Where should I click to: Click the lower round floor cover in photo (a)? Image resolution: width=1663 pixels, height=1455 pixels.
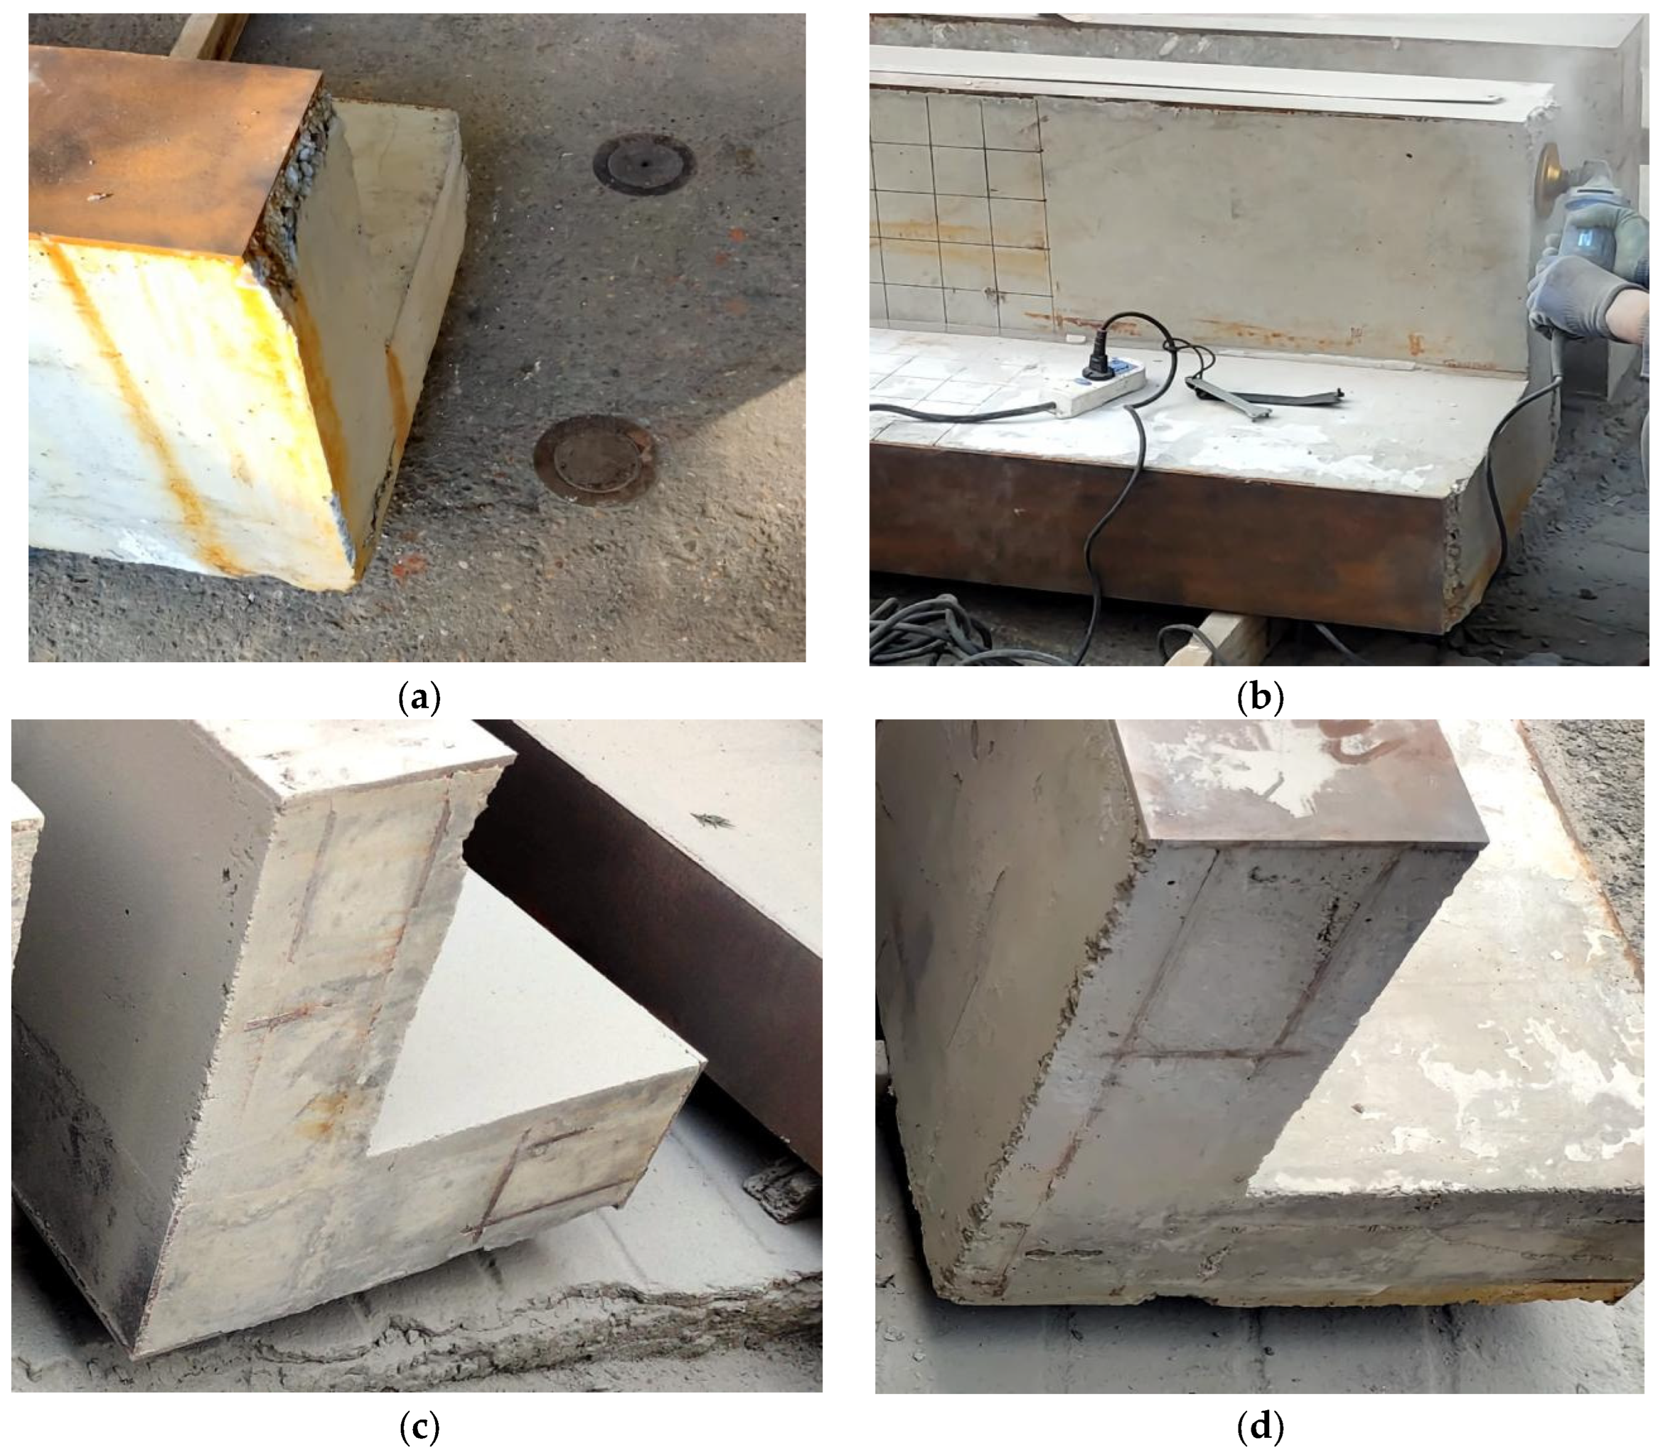[x=596, y=459]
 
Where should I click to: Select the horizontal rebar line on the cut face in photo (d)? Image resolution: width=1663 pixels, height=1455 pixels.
[x=1203, y=1055]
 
